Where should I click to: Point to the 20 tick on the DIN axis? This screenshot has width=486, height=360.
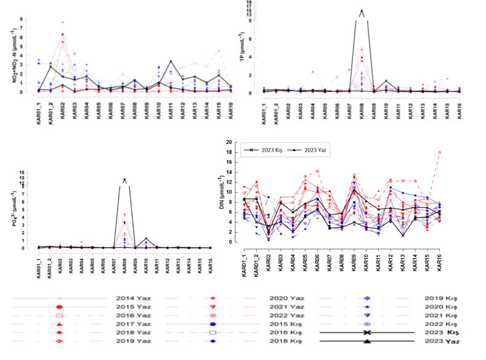pyautogui.click(x=229, y=142)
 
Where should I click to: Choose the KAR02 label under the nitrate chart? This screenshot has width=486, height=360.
pyautogui.click(x=63, y=107)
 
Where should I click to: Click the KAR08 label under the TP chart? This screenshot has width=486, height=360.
pyautogui.click(x=362, y=107)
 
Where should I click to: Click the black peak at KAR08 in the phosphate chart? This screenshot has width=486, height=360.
pyautogui.click(x=124, y=180)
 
